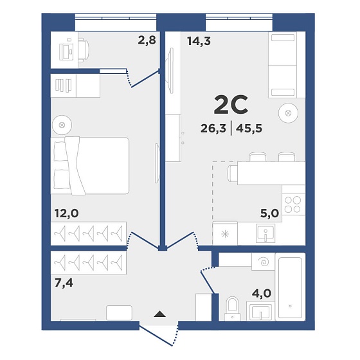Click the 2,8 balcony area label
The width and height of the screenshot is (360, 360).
147,40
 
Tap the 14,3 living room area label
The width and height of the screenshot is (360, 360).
199,41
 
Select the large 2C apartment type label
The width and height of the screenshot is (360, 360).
231,105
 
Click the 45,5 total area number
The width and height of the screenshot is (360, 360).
249,129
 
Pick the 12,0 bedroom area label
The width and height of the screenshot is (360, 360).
67,213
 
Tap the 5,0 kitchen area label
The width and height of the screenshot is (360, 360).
269,213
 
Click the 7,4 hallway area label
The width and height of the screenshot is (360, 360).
64,283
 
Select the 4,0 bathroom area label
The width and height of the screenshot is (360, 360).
262,293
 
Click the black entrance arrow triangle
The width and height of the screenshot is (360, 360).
160,314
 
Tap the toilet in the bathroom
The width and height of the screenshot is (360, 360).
233,309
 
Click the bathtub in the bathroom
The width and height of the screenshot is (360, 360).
290,287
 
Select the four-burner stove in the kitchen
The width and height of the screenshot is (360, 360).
293,204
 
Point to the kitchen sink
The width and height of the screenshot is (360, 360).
265,233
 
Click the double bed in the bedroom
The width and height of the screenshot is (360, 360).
90,166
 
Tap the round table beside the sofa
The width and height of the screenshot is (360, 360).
289,113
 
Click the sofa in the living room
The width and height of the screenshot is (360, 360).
283,65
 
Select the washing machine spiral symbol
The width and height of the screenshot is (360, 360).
264,262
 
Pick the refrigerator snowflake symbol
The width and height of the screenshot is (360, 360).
225,234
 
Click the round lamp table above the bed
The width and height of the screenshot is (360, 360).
62,125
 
